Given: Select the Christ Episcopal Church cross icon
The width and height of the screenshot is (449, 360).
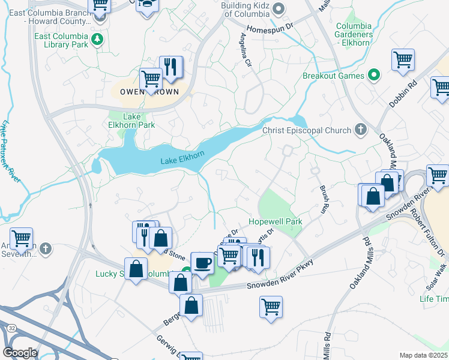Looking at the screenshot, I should pos(360,129).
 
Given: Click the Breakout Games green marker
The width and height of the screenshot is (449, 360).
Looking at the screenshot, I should pos(374,76).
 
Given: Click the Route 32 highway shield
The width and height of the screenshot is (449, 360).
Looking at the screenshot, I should pos(11,328).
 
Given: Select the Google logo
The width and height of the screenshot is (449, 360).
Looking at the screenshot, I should pos(20,353).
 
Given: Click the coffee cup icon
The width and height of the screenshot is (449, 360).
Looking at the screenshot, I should pos(202,263).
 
